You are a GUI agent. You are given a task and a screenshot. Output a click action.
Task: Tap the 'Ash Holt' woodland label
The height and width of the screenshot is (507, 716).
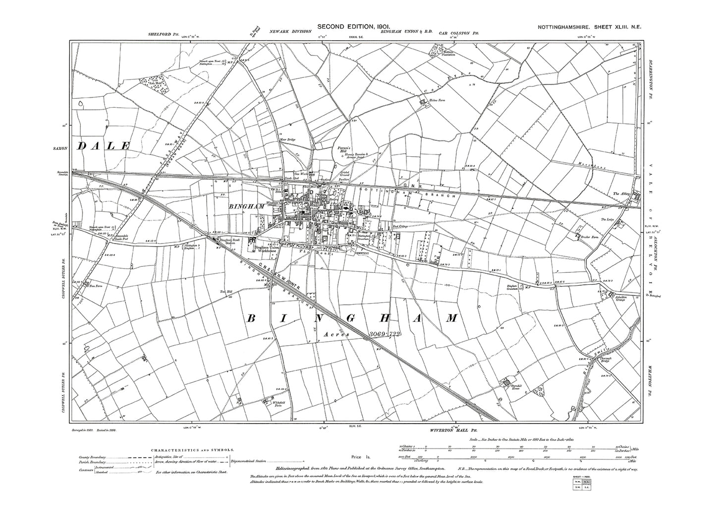click(x=148, y=83)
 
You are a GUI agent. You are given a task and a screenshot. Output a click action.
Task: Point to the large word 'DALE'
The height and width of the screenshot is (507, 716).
click(x=103, y=146)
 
